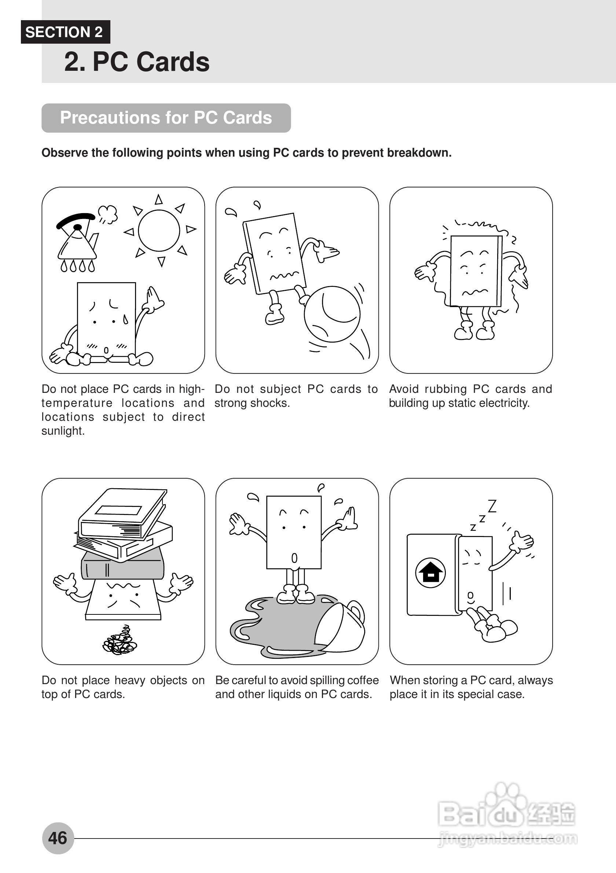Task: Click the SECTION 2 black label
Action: pyautogui.click(x=65, y=32)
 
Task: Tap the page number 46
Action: pyautogui.click(x=58, y=838)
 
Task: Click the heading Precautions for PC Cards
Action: pyautogui.click(x=166, y=118)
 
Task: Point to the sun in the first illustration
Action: pyautogui.click(x=159, y=230)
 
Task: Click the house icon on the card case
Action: pyautogui.click(x=430, y=573)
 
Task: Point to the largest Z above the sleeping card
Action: pyautogui.click(x=492, y=506)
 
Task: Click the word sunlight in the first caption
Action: pyautogui.click(x=63, y=431)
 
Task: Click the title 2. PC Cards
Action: pyautogui.click(x=137, y=62)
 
